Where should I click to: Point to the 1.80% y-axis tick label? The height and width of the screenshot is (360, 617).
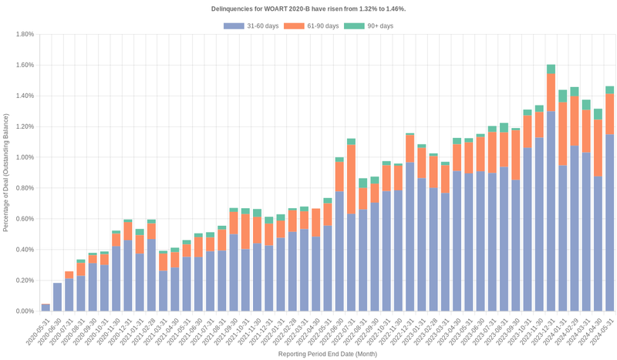point(23,34)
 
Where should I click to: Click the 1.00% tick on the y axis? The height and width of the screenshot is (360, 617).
point(23,157)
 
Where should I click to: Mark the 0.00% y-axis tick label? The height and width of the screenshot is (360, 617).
point(23,311)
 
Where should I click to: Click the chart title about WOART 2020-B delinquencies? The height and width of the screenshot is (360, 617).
point(308,8)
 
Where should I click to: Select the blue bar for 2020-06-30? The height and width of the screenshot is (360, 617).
point(58,298)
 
